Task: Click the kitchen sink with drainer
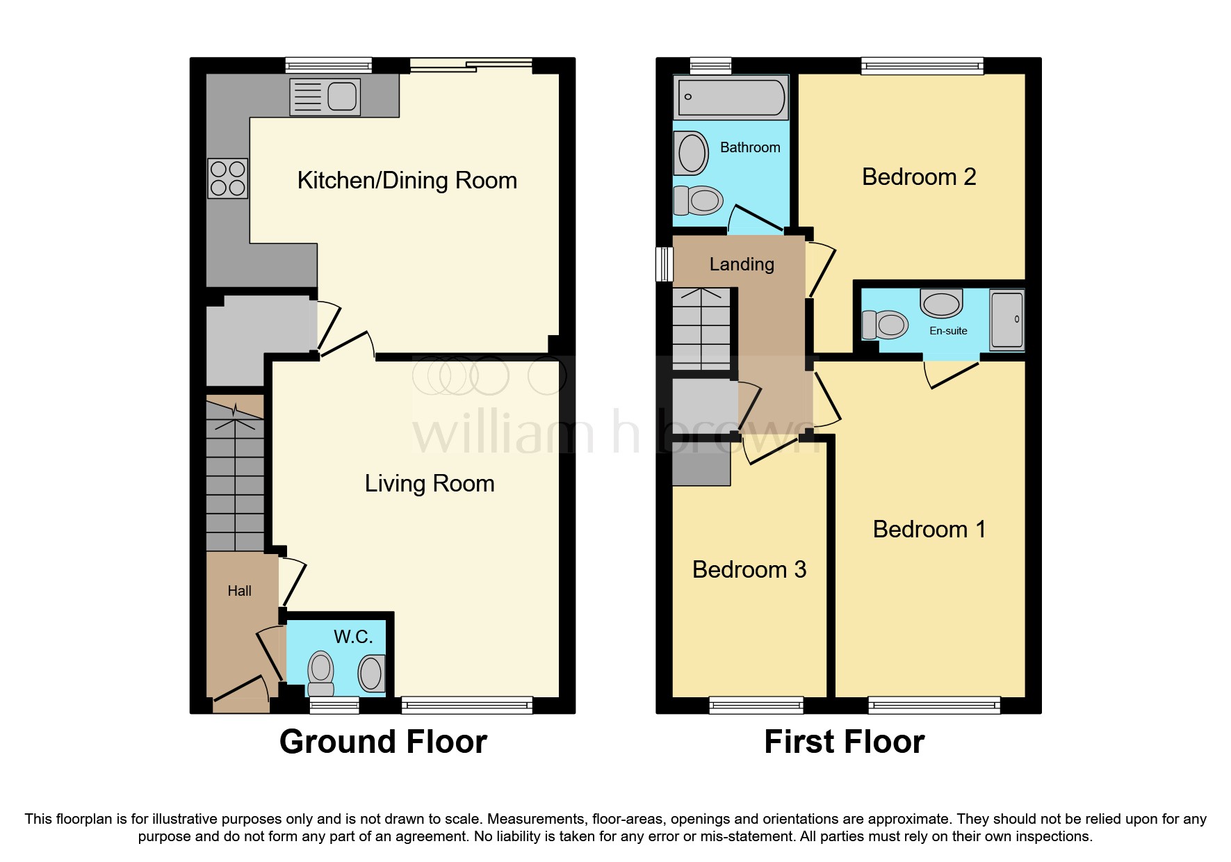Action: point(325,97)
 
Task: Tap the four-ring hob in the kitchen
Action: point(227,178)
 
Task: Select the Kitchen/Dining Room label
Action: point(407,181)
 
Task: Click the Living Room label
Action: point(429,484)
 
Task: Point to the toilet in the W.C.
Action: point(320,673)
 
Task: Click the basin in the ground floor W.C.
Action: point(370,673)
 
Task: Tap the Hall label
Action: point(239,591)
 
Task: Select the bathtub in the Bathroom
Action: point(731,97)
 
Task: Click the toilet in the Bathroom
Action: point(699,200)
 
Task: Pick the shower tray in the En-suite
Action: point(1006,319)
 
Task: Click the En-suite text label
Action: point(947,331)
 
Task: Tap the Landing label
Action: point(741,265)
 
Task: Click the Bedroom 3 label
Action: point(749,570)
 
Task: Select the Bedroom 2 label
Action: point(918,177)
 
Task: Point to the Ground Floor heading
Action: point(383,742)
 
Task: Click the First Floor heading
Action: point(844,742)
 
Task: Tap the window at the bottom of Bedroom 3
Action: point(756,706)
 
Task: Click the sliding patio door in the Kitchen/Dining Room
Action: point(471,65)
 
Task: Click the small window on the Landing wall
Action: point(665,263)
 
